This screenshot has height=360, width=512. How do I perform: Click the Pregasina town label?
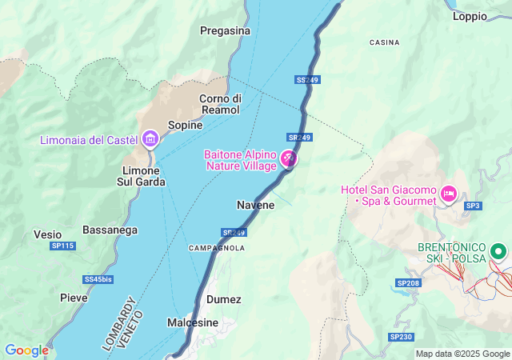coord(225,31)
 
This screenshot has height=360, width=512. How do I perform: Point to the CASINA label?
coord(384,42)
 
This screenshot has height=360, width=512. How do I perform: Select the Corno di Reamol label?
coord(220,103)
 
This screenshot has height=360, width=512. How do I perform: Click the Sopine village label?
coord(185,125)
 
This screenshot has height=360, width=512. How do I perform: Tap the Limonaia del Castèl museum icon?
coord(150,139)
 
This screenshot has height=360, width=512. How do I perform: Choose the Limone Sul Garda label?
coord(144,176)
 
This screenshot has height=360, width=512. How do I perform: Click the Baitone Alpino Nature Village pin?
coord(288,160)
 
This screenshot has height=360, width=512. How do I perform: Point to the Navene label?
coord(255,205)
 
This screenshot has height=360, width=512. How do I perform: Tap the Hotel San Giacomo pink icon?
coord(449,193)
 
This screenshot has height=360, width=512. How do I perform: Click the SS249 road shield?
coord(307,81)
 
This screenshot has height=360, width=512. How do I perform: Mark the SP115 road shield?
coord(62,246)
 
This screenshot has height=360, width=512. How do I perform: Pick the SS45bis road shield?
coord(98,279)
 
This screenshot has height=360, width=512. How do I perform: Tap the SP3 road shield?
coord(474,206)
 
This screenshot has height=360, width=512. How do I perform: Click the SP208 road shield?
coord(408,283)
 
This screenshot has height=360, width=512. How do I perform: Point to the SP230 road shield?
coord(401,337)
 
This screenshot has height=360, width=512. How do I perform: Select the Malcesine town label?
coord(193,322)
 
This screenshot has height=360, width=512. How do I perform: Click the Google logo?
coord(26,350)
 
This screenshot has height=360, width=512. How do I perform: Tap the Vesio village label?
coord(47,234)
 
